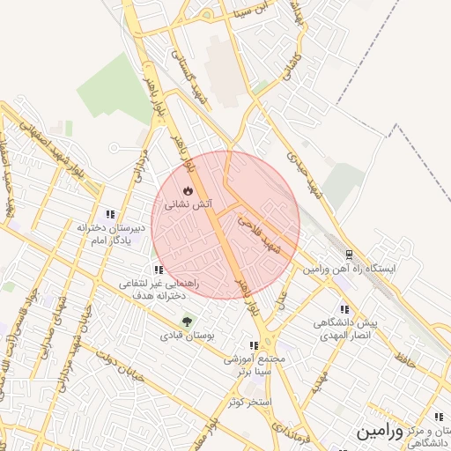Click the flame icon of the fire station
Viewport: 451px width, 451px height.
coord(187,190)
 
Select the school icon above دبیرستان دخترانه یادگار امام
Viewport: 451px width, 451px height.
coord(110,214)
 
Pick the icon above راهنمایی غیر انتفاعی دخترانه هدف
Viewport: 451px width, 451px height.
coord(158,270)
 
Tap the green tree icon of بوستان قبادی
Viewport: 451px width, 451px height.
coord(186,322)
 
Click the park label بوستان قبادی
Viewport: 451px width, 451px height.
coord(183,336)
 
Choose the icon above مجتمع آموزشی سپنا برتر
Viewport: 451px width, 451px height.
coord(254,346)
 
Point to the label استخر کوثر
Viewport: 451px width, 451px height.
coord(247,402)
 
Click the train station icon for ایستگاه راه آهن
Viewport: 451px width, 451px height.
coord(349,254)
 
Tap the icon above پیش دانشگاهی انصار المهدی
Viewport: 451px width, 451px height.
coord(344,310)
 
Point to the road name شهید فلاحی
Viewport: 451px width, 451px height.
coord(265,237)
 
